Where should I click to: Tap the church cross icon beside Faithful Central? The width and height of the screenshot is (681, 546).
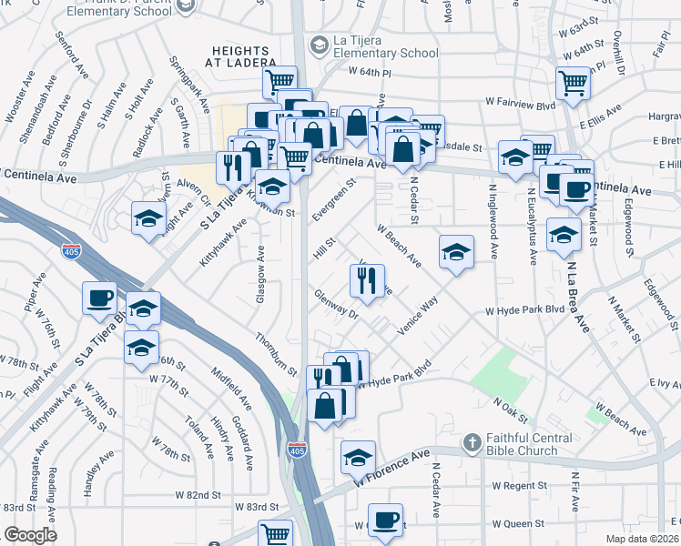point(471,442)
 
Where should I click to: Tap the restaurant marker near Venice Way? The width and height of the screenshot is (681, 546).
point(368,281)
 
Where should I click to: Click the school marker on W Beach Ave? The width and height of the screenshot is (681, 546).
point(456,252)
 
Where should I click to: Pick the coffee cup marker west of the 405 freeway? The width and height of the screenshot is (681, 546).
point(99,298)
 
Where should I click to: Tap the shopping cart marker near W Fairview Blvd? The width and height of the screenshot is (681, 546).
point(573,84)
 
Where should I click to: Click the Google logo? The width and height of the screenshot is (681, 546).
point(30,535)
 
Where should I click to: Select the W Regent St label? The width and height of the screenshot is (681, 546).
point(517,486)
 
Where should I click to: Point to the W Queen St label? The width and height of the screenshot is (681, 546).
point(517,524)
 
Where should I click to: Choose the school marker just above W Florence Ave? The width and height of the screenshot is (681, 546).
point(358,457)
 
